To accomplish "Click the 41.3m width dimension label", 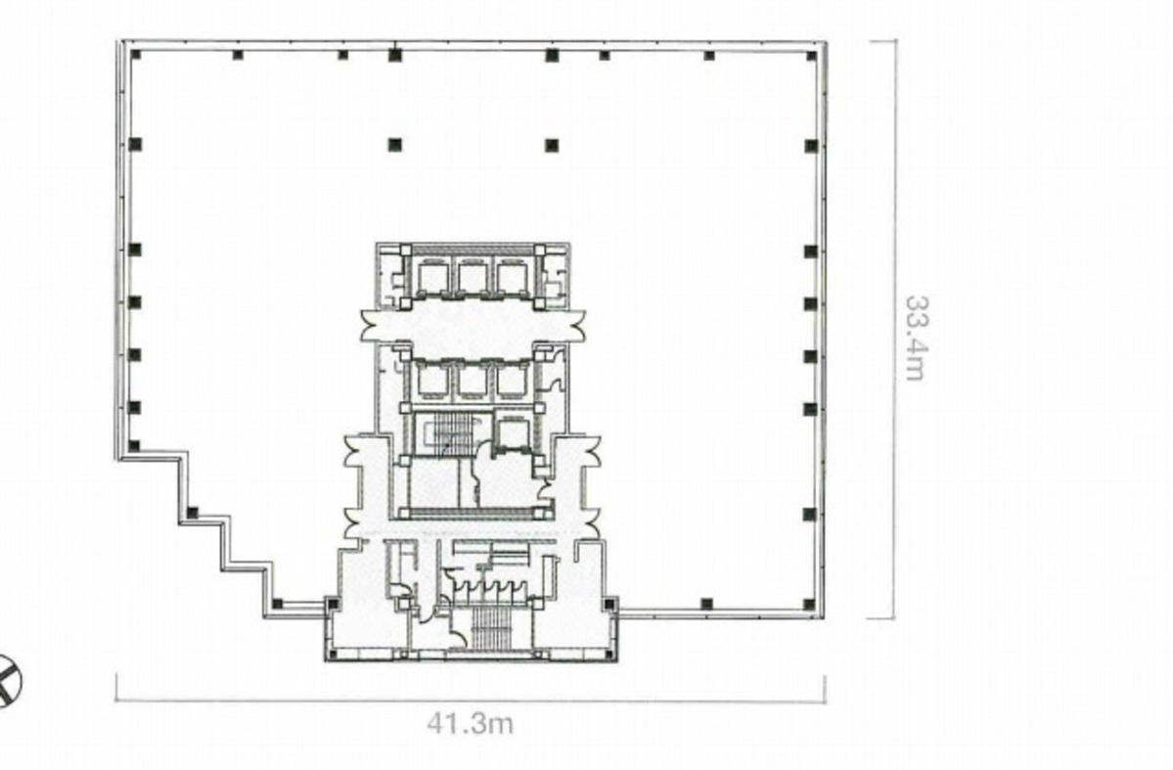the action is click(471, 723).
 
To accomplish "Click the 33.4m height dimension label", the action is click(916, 338).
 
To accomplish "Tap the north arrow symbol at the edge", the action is click(8, 679).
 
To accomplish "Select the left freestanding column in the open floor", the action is click(395, 145).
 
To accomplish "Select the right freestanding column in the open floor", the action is click(552, 145).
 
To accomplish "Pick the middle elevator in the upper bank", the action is click(473, 277).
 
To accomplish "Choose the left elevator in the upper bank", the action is click(431, 277).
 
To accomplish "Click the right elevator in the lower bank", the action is click(513, 380).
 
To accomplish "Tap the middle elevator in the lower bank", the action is click(473, 380).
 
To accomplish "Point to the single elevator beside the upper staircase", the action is click(513, 434).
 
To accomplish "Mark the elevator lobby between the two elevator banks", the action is click(473, 326).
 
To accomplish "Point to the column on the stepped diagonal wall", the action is click(193, 513).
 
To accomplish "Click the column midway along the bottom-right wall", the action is click(707, 603).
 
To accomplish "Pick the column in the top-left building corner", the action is click(136, 55).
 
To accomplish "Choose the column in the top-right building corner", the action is click(811, 55).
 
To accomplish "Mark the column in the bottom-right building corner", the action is click(809, 603).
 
